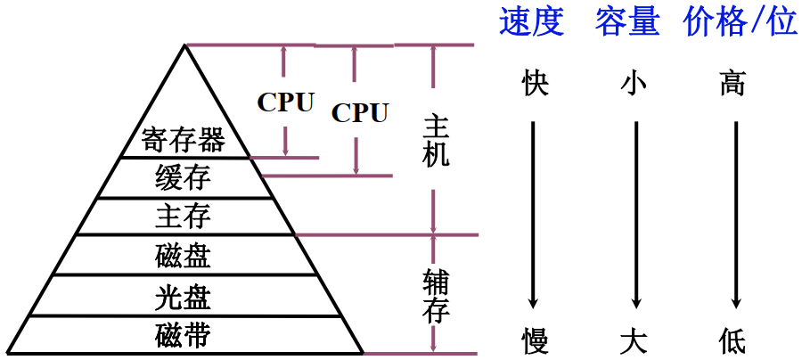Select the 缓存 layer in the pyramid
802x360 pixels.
click(183, 178)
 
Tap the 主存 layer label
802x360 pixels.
click(183, 217)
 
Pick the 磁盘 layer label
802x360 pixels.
click(183, 256)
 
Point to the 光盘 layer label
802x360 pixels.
click(183, 296)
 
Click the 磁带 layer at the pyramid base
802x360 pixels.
click(183, 336)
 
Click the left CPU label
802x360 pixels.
click(286, 102)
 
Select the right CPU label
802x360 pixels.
click(360, 113)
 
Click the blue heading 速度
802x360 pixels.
click(532, 22)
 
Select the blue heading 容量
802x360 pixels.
click(627, 22)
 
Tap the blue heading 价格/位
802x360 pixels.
click(741, 22)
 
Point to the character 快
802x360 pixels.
click(535, 85)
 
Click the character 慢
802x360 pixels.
click(535, 340)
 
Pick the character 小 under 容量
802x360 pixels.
click(634, 85)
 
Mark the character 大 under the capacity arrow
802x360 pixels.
click(634, 340)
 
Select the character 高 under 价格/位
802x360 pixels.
click(732, 85)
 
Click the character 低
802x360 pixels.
click(732, 340)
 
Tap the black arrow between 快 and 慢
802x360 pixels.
click(533, 214)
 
